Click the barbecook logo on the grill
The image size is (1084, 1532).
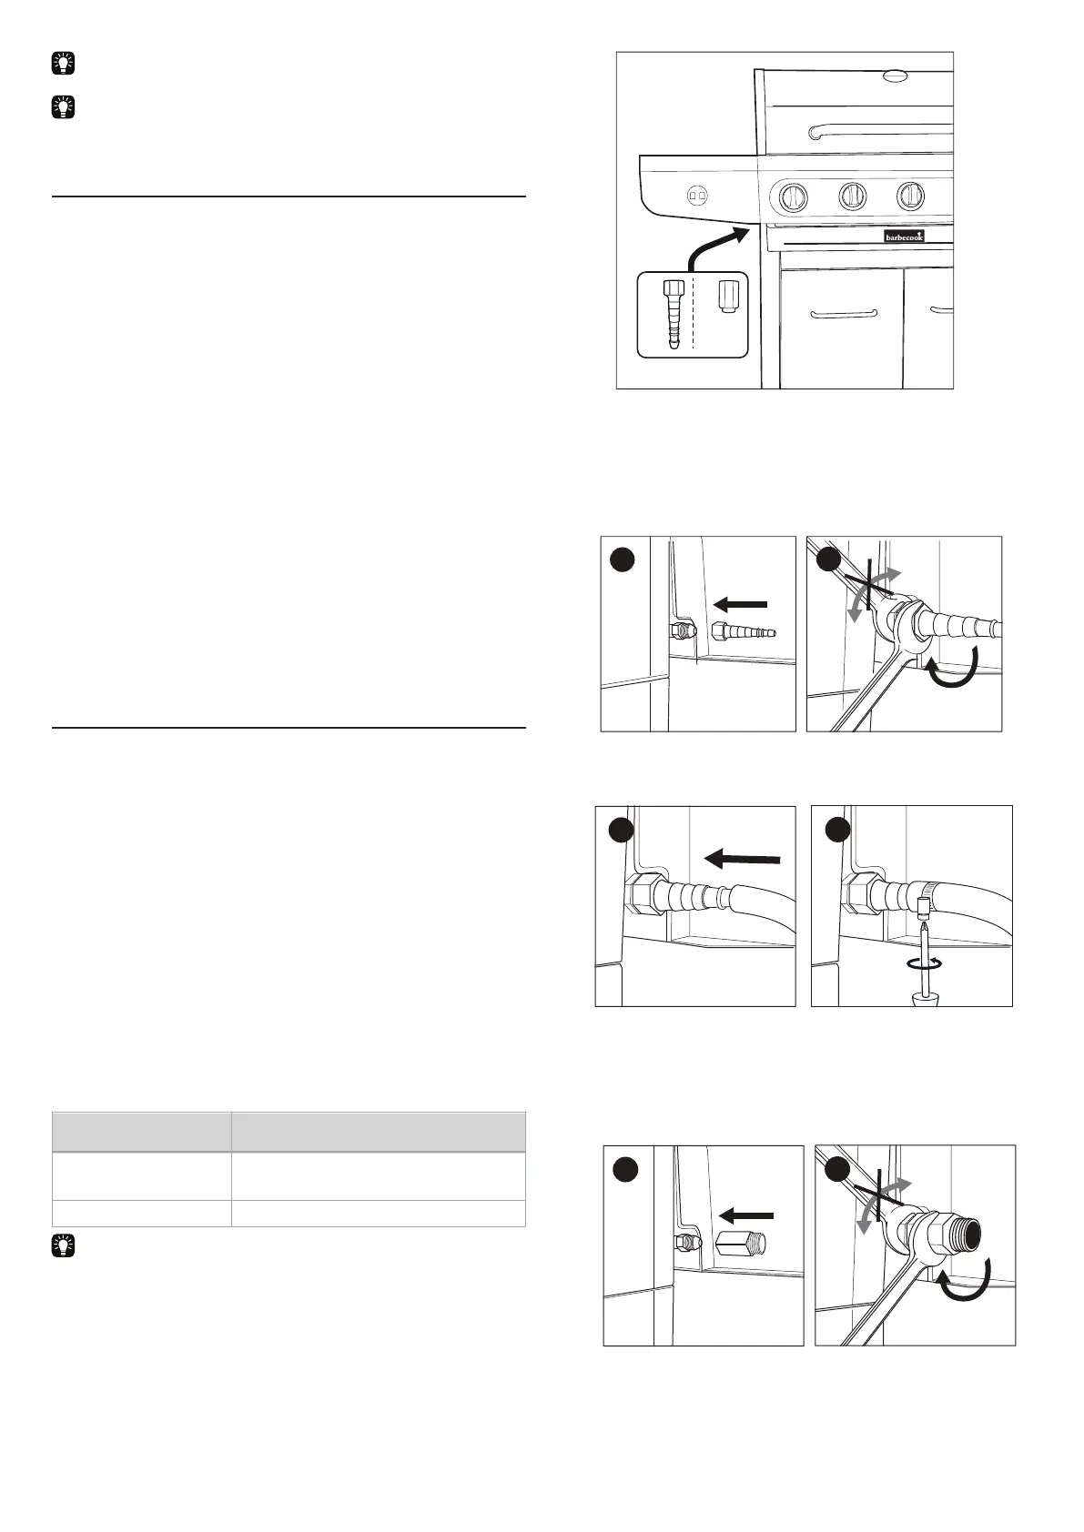click(x=904, y=236)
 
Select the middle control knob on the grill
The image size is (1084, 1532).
click(x=853, y=194)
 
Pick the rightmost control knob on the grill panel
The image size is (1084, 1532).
click(x=910, y=194)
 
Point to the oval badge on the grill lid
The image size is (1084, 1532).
click(x=896, y=76)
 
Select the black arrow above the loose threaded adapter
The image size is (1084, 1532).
click(x=745, y=1214)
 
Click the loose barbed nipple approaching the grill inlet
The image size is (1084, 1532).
click(x=745, y=632)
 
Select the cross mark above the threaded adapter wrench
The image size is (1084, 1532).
click(x=877, y=1202)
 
